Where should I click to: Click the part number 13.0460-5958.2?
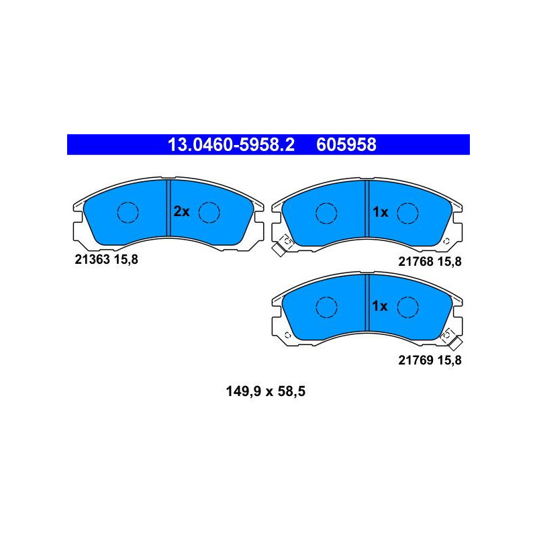click(x=231, y=144)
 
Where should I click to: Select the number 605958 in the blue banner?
click(x=346, y=144)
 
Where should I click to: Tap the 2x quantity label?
click(x=181, y=211)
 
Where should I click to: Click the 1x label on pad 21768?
click(x=380, y=212)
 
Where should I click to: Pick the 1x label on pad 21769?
click(x=380, y=306)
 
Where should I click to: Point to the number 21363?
click(x=92, y=260)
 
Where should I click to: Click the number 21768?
click(x=416, y=262)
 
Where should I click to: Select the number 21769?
click(x=416, y=360)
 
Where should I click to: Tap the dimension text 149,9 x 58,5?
click(x=266, y=391)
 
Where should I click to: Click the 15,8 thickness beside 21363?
click(x=126, y=260)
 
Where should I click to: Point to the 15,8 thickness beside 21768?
click(x=450, y=262)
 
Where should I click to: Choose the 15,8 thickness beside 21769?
click(x=450, y=360)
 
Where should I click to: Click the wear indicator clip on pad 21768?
click(x=283, y=246)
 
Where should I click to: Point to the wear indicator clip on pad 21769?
click(x=451, y=339)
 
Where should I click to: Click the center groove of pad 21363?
click(x=168, y=208)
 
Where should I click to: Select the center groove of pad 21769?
click(x=367, y=303)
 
